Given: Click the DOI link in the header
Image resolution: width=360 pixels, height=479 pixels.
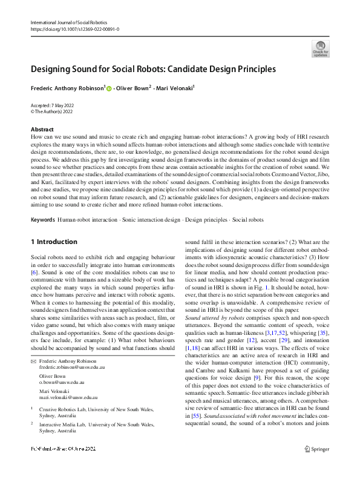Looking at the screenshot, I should coord(74,29).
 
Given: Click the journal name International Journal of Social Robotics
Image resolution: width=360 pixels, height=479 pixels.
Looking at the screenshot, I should coord(70,22).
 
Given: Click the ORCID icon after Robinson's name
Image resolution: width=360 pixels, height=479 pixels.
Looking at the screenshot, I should coord(109,88).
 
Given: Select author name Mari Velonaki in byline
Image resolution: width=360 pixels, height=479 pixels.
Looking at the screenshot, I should coord(173,88).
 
